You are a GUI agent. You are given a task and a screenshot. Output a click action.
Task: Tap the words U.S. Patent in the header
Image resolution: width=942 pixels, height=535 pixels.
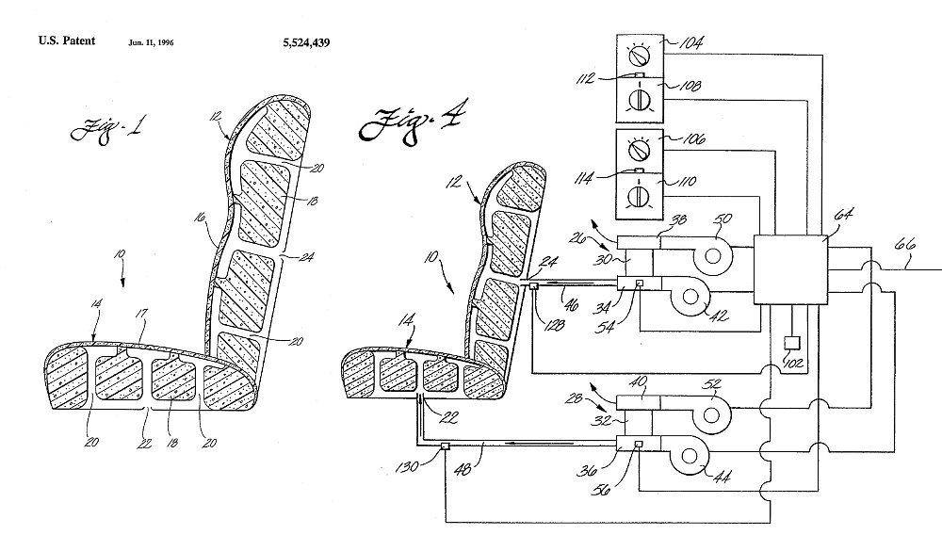coord(64,42)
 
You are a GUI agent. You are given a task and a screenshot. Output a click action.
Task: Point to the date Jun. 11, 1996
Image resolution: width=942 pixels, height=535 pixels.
coord(154,43)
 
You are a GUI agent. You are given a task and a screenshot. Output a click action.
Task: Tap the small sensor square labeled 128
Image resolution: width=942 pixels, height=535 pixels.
coord(534,286)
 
